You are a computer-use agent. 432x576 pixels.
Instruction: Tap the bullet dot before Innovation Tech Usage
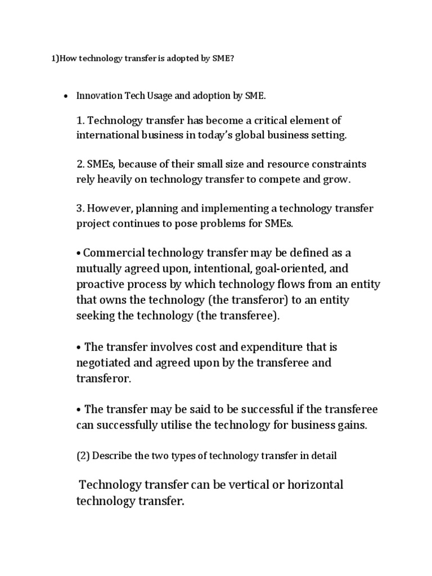click(x=65, y=96)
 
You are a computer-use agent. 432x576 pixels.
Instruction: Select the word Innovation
click(x=97, y=96)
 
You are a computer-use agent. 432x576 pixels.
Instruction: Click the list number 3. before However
click(x=80, y=209)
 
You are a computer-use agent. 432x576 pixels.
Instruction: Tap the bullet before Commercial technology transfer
click(x=79, y=253)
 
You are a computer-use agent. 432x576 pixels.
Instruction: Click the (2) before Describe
click(x=83, y=456)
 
